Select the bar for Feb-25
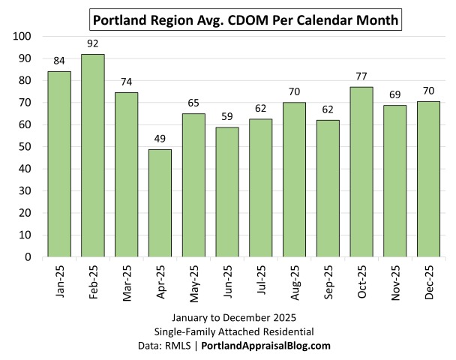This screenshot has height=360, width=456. [92, 155]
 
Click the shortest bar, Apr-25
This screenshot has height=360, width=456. [160, 202]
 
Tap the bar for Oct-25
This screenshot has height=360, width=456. [361, 172]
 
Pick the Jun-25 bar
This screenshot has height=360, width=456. [226, 192]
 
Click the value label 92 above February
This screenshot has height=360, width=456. [92, 44]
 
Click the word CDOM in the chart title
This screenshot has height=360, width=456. [240, 16]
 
